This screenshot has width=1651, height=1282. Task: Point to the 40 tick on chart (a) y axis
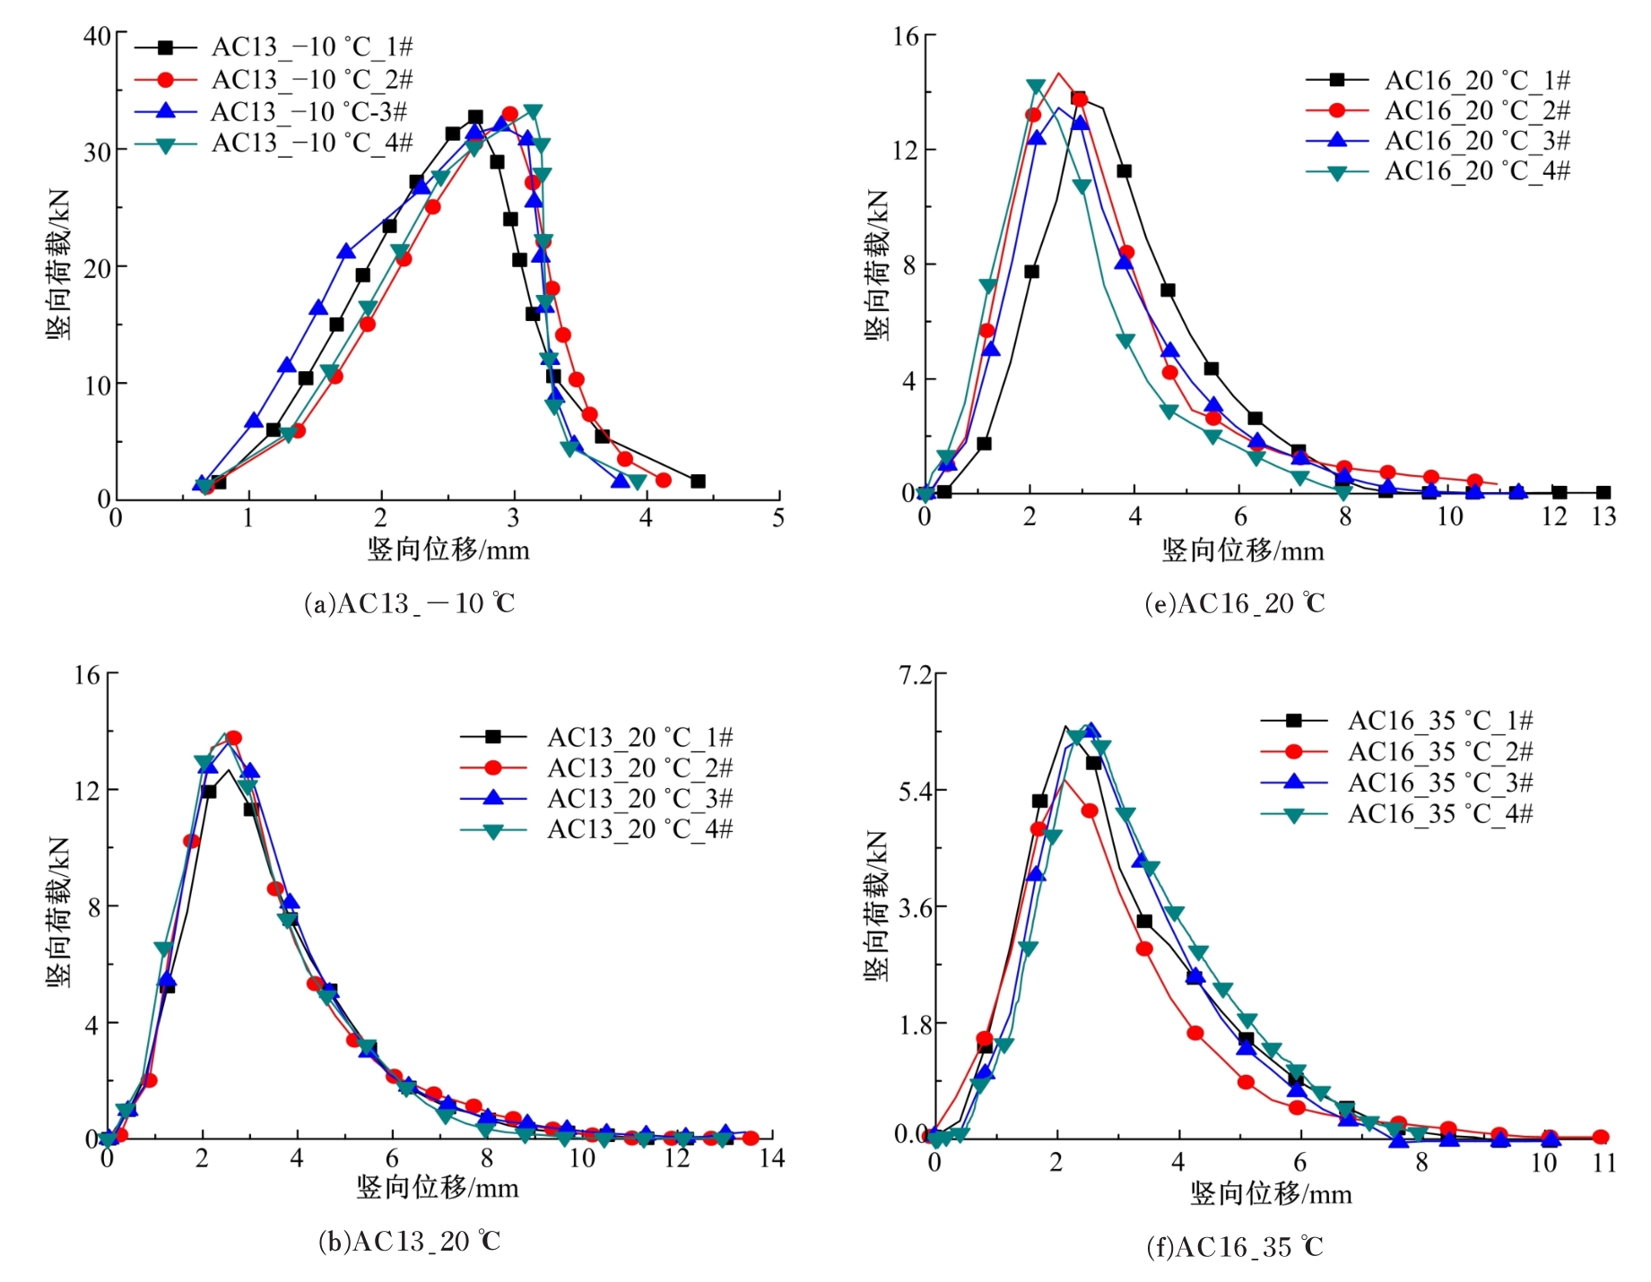coord(97,36)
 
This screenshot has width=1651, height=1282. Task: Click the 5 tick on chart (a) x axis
coord(778,518)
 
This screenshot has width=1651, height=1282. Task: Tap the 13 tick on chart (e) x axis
coord(1603,516)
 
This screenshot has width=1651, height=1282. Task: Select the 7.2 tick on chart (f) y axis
coord(916,674)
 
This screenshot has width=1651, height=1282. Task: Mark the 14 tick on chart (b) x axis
coord(771,1158)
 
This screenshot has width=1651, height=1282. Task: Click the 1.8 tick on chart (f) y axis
coord(916,1024)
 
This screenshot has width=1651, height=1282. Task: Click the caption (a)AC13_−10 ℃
coord(410,603)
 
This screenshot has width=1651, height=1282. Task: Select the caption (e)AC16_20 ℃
coord(1235,603)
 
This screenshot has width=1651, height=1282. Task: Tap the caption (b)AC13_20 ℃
coord(410,1242)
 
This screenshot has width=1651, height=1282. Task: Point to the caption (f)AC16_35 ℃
coord(1235,1247)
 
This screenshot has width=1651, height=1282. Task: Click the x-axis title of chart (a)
coord(448,550)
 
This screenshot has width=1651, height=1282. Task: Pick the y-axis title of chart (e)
coord(876,264)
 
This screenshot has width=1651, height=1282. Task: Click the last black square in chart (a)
coord(698,481)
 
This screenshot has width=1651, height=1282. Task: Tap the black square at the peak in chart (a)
coord(475,117)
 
